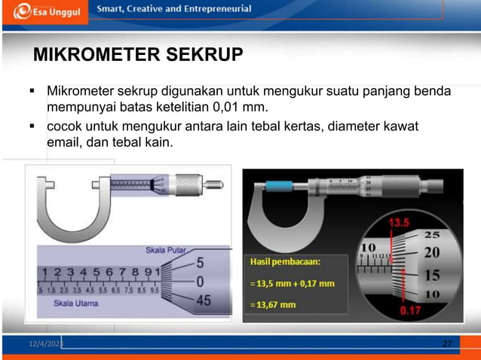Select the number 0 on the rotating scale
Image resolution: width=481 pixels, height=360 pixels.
[200, 282]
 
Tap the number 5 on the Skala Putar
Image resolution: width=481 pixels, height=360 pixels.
[200, 264]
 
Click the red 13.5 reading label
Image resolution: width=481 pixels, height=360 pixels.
[400, 224]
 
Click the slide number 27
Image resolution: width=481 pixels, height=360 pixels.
[447, 343]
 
